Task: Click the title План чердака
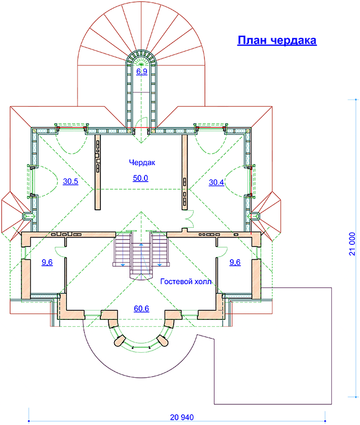tap(277, 40)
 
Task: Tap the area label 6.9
tap(142, 72)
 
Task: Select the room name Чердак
tap(142, 163)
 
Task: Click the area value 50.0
tap(140, 178)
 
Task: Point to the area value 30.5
tap(71, 181)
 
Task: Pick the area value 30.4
tap(217, 182)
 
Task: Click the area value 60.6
tap(141, 309)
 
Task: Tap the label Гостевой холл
tap(186, 282)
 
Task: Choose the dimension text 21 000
tap(352, 244)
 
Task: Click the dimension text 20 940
tap(182, 417)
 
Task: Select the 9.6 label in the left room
tap(47, 262)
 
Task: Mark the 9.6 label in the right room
tap(235, 262)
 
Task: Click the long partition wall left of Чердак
tap(98, 172)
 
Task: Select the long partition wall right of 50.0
tap(184, 172)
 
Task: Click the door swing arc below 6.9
tap(143, 121)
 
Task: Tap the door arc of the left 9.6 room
tap(60, 251)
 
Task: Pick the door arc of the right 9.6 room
tap(222, 251)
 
